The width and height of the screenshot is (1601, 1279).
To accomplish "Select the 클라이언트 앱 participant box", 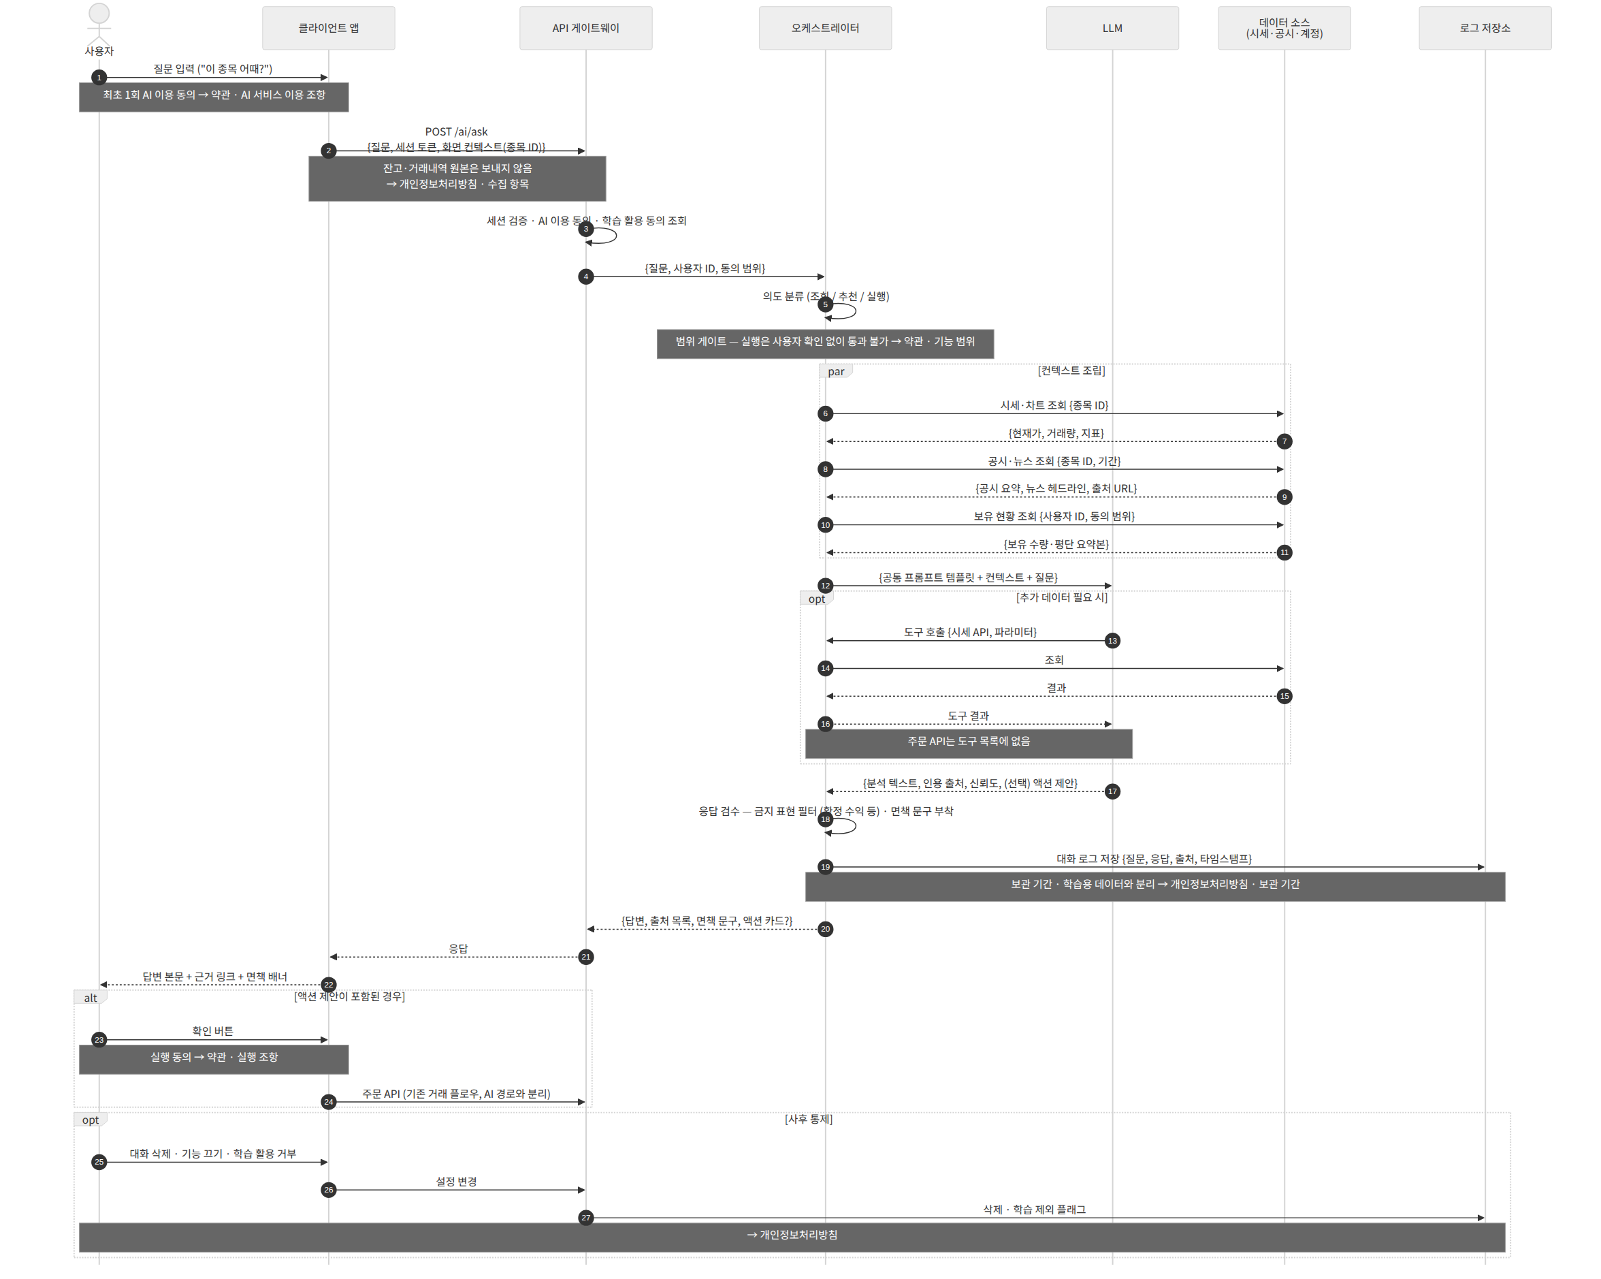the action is (x=328, y=28).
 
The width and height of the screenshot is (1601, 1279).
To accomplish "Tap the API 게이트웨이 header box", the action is (x=586, y=28).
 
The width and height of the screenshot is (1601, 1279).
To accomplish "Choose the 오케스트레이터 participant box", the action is (x=825, y=28).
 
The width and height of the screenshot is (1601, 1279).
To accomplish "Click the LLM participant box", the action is (x=1112, y=28).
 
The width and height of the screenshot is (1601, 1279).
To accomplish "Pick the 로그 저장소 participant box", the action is (x=1485, y=28).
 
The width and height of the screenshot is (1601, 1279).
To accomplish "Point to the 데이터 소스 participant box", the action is (x=1284, y=28).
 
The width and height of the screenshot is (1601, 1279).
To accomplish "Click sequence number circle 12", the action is (x=825, y=585).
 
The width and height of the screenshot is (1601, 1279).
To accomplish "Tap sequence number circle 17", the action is (x=1112, y=791).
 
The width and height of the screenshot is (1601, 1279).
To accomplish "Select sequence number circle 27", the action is (x=586, y=1217).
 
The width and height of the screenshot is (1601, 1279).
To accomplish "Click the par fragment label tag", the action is (x=836, y=371).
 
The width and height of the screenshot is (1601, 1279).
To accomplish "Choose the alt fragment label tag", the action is (x=91, y=998).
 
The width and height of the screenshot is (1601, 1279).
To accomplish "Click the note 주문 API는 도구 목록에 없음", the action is (x=969, y=744).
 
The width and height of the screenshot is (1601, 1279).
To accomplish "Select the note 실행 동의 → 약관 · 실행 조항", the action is (x=214, y=1059).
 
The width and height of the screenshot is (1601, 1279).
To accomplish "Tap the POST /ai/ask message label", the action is (x=457, y=132).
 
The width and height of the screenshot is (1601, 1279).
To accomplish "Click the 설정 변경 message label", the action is (x=457, y=1181).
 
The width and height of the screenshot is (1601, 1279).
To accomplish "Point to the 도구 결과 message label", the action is (x=969, y=715).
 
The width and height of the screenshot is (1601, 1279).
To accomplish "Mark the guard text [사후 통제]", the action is (x=809, y=1118).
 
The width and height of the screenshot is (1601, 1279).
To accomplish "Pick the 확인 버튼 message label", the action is (x=213, y=1031).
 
